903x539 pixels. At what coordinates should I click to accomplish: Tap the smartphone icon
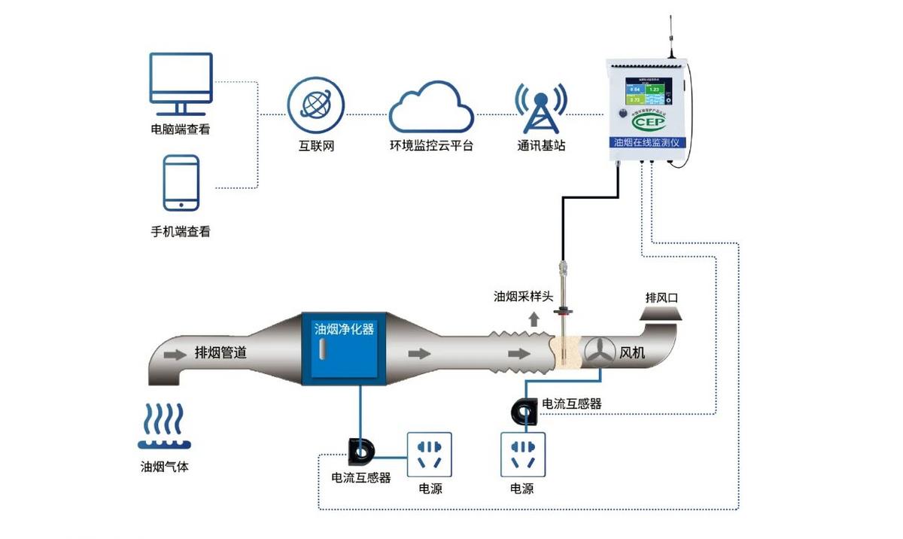click(x=181, y=183)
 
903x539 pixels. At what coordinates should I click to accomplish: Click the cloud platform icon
click(x=430, y=108)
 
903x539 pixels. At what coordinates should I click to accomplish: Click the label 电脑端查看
click(x=181, y=129)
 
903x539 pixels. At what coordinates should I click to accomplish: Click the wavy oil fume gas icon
click(x=164, y=425)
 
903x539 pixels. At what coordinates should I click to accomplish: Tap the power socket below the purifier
click(x=430, y=453)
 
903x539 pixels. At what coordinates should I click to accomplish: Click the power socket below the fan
click(x=522, y=453)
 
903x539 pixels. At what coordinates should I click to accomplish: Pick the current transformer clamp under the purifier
click(x=363, y=450)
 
